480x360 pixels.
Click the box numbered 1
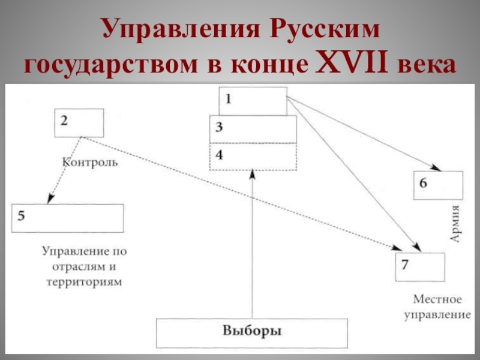coord(252,101)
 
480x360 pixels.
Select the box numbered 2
coord(79,122)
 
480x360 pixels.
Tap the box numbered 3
coord(253,129)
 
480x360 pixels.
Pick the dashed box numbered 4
coord(253,157)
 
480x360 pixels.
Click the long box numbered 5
coord(67,218)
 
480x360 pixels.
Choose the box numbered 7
coord(420,267)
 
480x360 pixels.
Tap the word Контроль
coord(90,161)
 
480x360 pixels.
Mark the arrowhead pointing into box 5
coord(50,199)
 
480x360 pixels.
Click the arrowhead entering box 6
coord(431,169)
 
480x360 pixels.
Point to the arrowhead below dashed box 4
coord(253,175)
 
